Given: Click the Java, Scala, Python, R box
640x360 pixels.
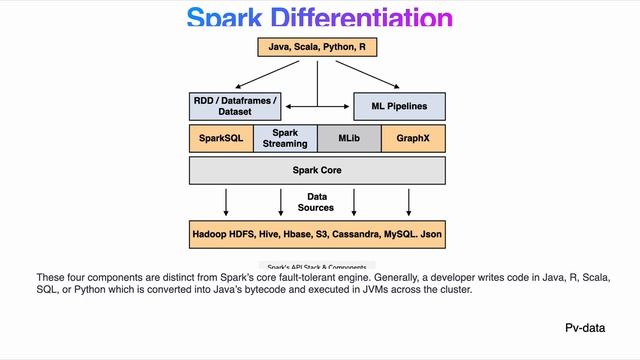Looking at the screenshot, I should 317,47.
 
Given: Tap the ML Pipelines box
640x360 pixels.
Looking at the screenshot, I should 399,106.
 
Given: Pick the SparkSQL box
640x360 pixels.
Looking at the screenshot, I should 221,138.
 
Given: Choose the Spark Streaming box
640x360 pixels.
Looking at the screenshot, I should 285,138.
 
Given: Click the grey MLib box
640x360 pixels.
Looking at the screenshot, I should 349,138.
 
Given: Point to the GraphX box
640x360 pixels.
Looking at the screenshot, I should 413,138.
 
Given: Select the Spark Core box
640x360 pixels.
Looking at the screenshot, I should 317,170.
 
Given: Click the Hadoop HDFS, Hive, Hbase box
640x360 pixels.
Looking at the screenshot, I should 317,237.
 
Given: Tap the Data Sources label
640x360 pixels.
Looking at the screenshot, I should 317,202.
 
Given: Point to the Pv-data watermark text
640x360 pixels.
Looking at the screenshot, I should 585,328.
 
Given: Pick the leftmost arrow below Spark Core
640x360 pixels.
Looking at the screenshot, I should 226,203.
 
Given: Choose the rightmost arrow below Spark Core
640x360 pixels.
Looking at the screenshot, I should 408,203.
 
